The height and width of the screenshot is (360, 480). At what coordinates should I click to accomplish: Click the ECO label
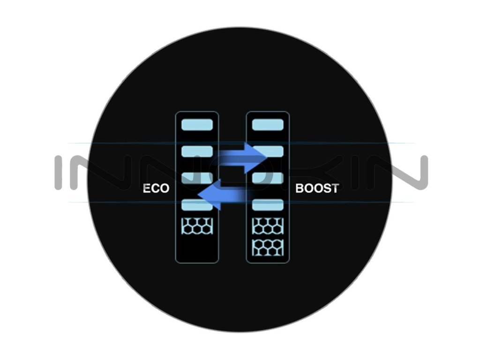(156, 189)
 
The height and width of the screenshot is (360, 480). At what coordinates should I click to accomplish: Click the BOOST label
(317, 189)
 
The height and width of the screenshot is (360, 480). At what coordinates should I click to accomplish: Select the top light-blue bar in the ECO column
(197, 125)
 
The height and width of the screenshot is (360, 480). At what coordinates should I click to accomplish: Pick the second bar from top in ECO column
(197, 151)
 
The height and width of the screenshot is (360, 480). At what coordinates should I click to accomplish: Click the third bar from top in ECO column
(197, 178)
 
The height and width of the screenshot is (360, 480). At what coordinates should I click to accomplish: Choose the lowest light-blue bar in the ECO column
(197, 205)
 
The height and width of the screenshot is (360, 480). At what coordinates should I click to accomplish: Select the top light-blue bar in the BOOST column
(268, 125)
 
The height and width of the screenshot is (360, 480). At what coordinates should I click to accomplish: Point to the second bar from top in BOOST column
(268, 151)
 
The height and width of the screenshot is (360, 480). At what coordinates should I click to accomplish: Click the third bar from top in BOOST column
(268, 178)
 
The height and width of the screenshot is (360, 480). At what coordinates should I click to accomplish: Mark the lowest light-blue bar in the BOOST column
(268, 205)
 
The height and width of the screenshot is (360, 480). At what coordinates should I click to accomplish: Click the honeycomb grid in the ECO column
(197, 226)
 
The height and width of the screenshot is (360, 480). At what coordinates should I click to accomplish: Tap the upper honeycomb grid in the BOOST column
(268, 226)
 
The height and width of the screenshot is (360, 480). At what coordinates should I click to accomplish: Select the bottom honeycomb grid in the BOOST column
(268, 247)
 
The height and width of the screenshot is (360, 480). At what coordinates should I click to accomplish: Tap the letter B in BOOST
(300, 189)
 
